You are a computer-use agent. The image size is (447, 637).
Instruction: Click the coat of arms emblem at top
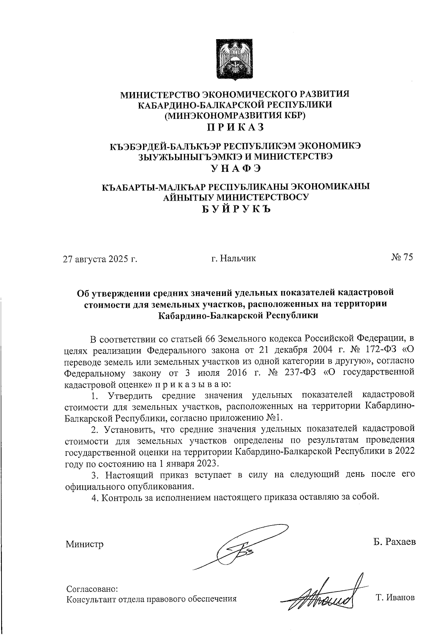(x=235, y=59)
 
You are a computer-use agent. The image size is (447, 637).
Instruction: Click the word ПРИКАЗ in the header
(x=235, y=127)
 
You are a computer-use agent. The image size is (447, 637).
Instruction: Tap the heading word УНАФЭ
(x=235, y=168)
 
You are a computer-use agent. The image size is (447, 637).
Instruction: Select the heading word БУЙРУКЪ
(x=235, y=209)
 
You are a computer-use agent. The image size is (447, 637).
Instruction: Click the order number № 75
(x=402, y=258)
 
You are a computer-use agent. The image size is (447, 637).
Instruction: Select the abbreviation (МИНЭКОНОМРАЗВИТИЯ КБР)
(x=235, y=115)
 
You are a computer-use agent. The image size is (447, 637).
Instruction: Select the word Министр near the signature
(x=85, y=544)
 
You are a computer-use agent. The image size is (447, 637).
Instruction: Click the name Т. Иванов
(x=395, y=598)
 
